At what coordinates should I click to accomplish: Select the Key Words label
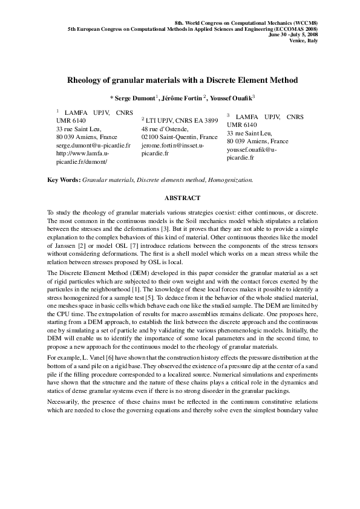click(64, 180)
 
